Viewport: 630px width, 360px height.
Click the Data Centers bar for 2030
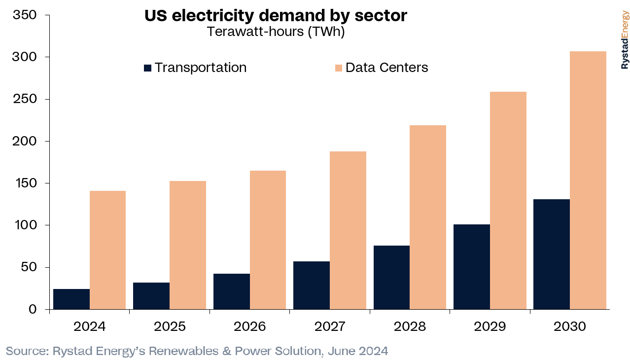[588, 180]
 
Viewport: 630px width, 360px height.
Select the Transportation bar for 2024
[71, 299]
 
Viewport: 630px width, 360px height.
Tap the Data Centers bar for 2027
[348, 230]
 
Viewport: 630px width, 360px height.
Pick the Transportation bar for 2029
[472, 267]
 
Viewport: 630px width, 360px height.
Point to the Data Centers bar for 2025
[188, 245]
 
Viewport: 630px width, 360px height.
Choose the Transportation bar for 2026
[232, 291]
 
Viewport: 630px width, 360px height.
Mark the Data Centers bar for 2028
[428, 217]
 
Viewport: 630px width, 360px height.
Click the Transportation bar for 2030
[552, 254]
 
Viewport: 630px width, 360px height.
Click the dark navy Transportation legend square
[148, 68]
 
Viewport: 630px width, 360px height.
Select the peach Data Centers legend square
[339, 68]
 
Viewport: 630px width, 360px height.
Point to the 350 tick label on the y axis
[25, 15]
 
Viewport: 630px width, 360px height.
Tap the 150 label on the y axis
[25, 183]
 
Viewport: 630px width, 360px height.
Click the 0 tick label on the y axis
[33, 309]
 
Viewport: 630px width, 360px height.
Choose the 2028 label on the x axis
[410, 326]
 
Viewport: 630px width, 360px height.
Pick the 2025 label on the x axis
[170, 326]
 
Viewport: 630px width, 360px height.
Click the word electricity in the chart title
[213, 16]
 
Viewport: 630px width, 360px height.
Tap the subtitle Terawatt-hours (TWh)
[276, 32]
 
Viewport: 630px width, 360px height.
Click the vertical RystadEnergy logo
[625, 39]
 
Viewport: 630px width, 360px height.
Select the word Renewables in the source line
[183, 351]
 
